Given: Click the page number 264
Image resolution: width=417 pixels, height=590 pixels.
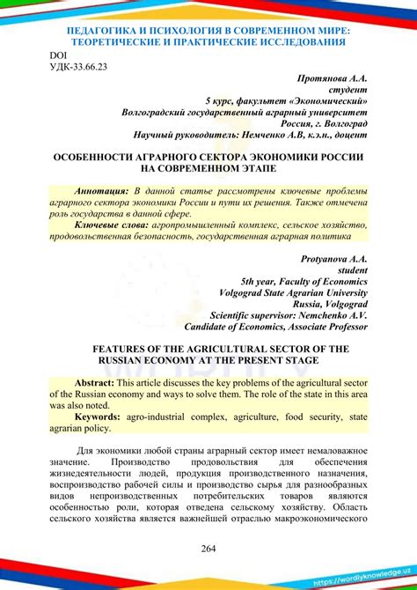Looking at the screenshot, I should [208, 549].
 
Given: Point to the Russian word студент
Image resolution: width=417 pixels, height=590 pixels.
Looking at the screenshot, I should [347, 89].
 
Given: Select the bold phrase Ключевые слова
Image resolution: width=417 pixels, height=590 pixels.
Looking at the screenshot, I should [112, 225].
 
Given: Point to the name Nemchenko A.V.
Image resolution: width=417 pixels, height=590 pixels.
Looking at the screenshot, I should [333, 314].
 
